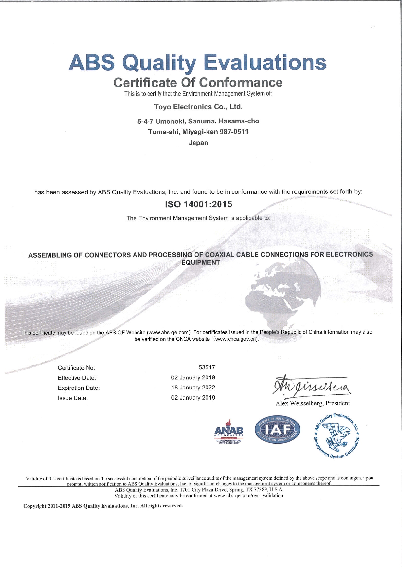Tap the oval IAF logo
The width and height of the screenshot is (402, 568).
point(278,430)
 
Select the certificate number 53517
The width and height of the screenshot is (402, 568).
point(207,367)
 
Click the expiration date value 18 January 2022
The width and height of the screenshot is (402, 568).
point(193,388)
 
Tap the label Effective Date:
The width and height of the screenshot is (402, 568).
point(77,378)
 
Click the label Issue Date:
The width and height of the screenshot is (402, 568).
point(73,398)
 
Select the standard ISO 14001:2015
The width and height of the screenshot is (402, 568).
point(198,204)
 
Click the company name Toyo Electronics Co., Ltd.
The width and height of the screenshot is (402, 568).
point(198,107)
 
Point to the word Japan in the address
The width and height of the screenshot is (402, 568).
point(198,143)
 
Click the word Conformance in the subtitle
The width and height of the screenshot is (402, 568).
point(241,83)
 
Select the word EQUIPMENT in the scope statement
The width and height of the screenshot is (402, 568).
point(200,262)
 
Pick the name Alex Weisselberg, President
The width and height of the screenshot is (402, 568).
point(313,403)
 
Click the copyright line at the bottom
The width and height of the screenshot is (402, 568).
point(103,506)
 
